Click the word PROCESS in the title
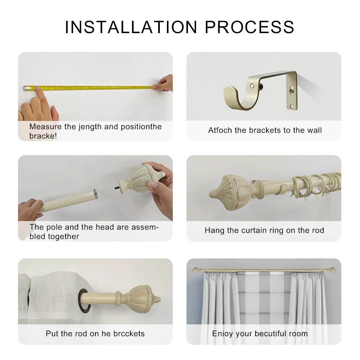click(249, 27)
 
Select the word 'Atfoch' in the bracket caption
click(220, 130)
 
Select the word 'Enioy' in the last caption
click(222, 334)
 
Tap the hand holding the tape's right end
click(164, 84)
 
